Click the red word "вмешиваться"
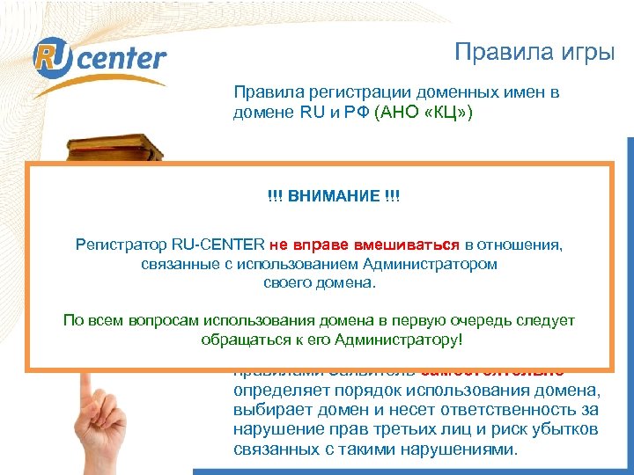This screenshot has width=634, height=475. point(410,245)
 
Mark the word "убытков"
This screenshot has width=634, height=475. point(568,430)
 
